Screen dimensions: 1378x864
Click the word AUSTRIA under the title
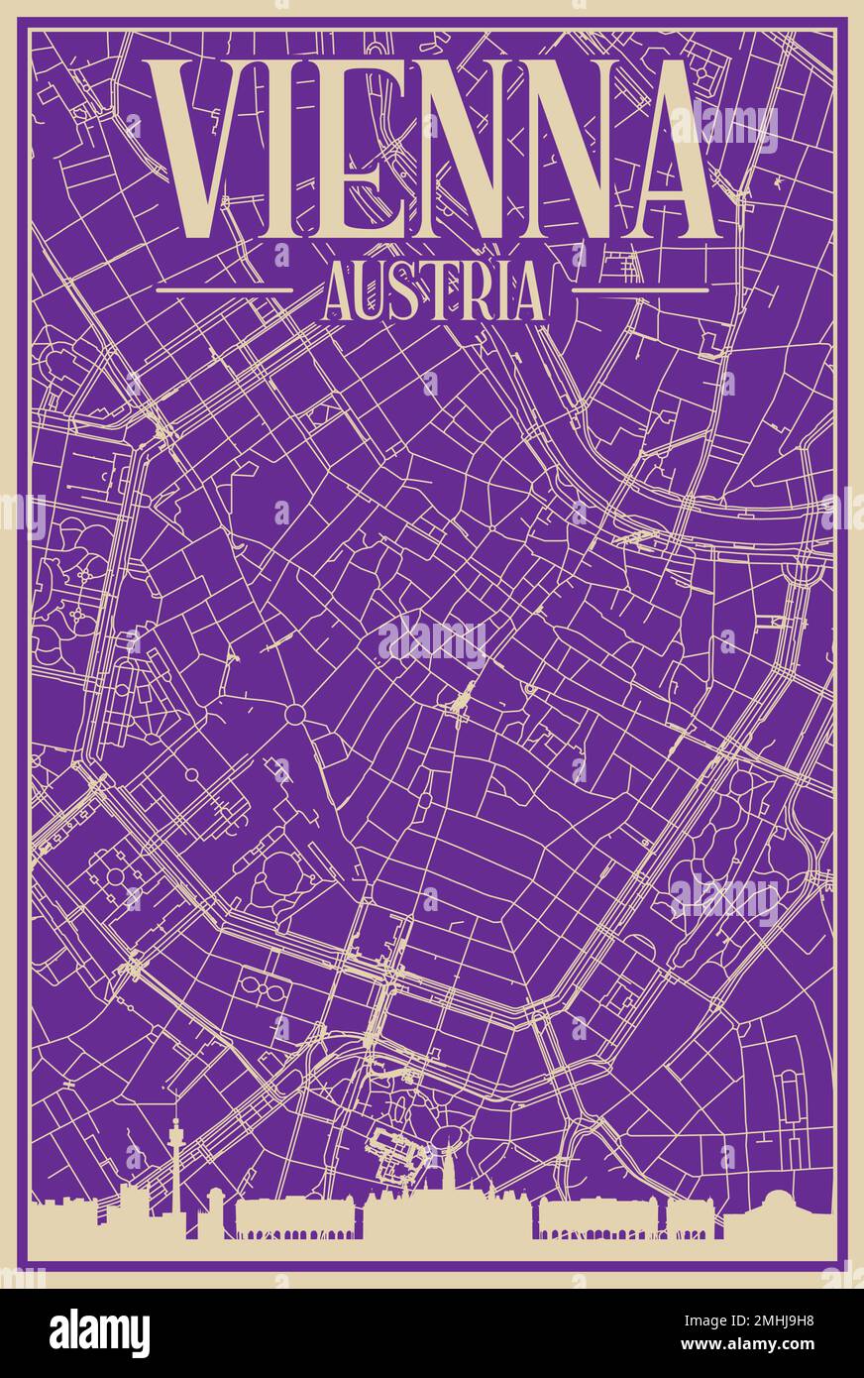(x=433, y=290)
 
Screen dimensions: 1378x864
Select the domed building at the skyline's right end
(x=784, y=1209)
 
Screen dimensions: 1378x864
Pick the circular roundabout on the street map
(x=294, y=715)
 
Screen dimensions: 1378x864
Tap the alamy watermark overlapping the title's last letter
(x=723, y=129)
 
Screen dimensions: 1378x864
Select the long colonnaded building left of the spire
(x=287, y=1217)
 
